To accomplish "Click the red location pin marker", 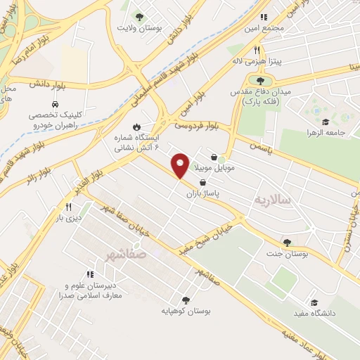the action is click(x=180, y=165).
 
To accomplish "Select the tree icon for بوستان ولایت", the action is click(x=139, y=15).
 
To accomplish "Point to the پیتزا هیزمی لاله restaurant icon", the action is click(x=257, y=50).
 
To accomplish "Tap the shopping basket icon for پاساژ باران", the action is click(x=203, y=181).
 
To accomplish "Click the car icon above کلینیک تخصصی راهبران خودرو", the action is click(x=53, y=104).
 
